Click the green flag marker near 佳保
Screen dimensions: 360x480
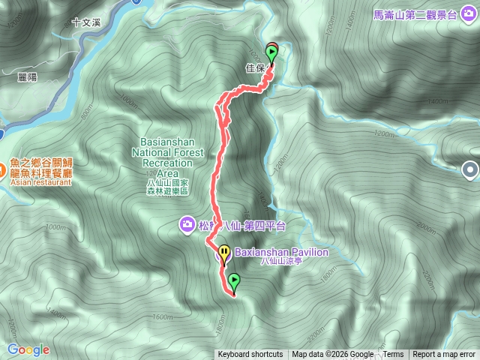click(x=271, y=52)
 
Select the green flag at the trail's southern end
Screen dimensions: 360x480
click(x=234, y=282)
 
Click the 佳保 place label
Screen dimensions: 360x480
click(x=255, y=68)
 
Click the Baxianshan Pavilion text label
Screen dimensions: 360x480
click(x=281, y=253)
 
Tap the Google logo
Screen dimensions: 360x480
click(x=28, y=349)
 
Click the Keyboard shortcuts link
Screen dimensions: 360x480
click(x=250, y=355)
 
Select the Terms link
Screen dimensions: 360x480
click(x=393, y=355)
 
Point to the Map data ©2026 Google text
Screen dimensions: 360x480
click(x=332, y=355)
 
